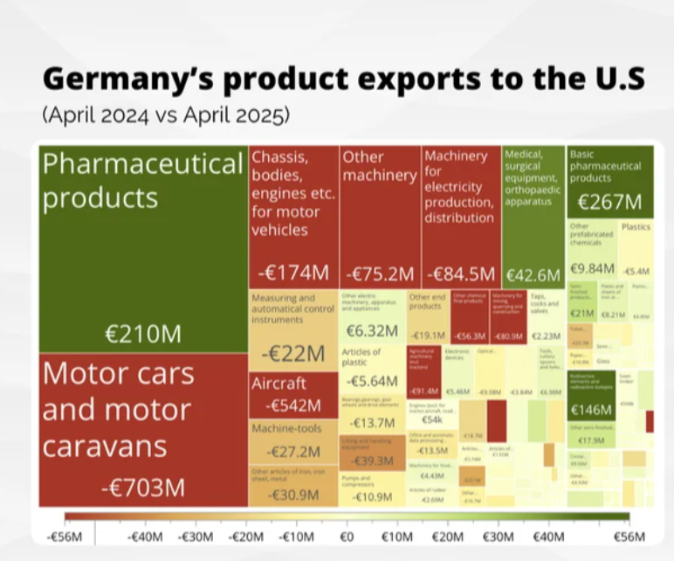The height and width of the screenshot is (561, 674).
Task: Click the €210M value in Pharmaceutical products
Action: [143, 334]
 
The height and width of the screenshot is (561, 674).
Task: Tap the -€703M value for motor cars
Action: [142, 487]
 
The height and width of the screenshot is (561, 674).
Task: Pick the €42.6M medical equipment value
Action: [533, 275]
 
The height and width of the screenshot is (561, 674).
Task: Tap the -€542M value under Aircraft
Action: [292, 405]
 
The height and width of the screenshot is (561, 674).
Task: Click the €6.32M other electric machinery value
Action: [372, 330]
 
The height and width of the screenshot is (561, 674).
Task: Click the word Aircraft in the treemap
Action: [279, 384]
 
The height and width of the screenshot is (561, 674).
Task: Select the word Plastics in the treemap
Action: [636, 226]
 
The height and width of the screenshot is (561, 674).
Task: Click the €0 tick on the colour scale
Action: [346, 535]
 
